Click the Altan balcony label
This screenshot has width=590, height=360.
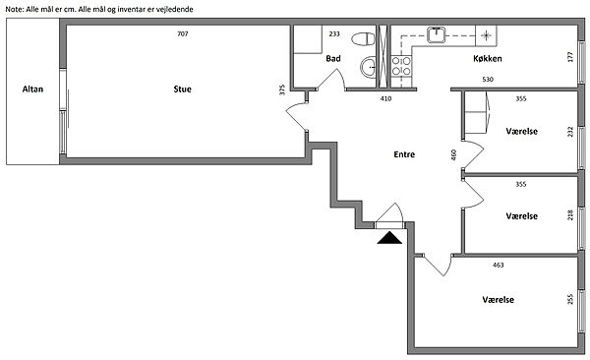point(32,90)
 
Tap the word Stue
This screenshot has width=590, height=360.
point(183,90)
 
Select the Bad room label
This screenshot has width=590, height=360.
point(333,58)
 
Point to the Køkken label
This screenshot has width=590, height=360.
point(488,58)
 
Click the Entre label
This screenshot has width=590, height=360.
point(404,154)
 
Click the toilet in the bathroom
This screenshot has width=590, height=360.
point(364,38)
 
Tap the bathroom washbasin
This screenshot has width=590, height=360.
point(369,68)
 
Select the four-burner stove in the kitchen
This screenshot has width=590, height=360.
point(401,66)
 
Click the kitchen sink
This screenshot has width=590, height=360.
point(436,34)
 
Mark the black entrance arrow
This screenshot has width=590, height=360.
point(389,238)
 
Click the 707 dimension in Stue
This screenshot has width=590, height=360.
point(183,33)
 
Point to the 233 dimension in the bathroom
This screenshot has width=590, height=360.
point(334,33)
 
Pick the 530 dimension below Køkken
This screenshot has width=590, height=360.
point(488,80)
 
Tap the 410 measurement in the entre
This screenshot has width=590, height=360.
point(386,98)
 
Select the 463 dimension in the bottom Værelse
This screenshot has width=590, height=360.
point(499,266)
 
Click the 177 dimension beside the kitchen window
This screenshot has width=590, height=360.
point(570,57)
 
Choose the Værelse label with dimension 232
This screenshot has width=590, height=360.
point(521,132)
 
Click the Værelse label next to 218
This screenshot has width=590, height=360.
point(521,216)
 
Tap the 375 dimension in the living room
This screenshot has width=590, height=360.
point(282,90)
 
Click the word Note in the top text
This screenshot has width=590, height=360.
point(15,10)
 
